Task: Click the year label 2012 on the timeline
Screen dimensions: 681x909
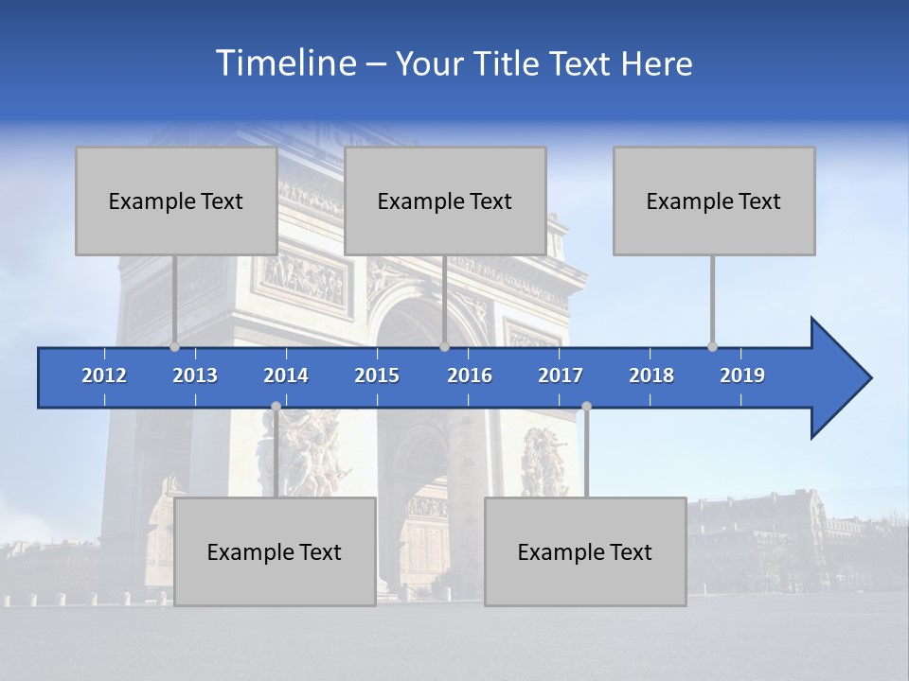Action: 104,375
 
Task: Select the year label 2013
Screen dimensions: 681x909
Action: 195,375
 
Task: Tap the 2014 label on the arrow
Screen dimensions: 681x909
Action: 286,375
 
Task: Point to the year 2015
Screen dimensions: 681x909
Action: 377,375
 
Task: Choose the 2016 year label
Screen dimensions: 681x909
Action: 470,375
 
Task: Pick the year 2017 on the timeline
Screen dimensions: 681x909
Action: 561,375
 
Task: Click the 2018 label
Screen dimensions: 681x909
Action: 651,375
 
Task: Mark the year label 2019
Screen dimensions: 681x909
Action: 742,375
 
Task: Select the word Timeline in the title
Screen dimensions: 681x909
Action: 285,62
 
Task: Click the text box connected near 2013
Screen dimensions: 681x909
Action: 176,201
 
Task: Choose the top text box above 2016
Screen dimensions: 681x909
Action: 445,201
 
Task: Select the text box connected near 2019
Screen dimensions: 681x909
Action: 714,201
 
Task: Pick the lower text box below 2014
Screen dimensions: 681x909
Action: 275,551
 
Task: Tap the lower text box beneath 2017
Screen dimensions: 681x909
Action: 585,551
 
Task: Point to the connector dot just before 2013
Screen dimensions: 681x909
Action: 174,346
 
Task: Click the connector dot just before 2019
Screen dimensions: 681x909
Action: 712,346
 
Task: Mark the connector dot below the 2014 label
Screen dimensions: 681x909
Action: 276,406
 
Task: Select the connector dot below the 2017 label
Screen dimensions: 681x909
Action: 586,406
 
